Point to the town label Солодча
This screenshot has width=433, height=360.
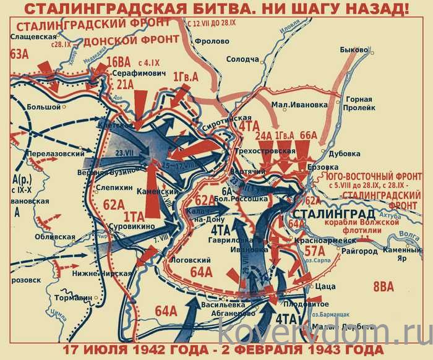click(242, 59)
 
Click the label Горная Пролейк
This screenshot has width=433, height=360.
click(359, 103)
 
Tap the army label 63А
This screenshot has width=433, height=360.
click(19, 54)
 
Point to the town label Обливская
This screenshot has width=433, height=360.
click(54, 237)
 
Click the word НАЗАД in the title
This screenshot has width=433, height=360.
click(375, 10)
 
